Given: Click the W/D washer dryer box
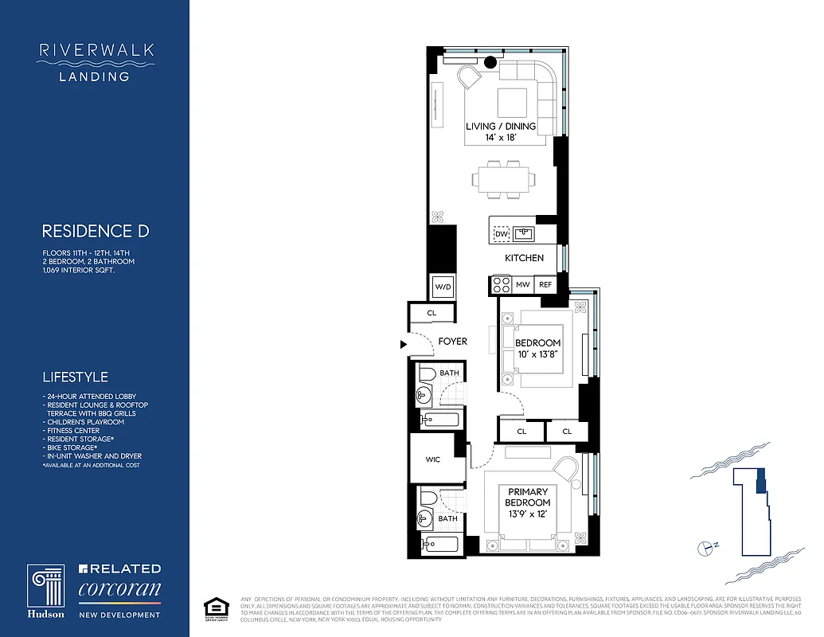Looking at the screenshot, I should pyautogui.click(x=442, y=287).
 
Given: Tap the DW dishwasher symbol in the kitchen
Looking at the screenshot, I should pyautogui.click(x=502, y=234).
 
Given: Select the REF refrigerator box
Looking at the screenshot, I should pyautogui.click(x=545, y=284).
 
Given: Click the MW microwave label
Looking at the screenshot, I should pyautogui.click(x=523, y=284).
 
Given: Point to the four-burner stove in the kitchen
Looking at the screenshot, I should pyautogui.click(x=502, y=284).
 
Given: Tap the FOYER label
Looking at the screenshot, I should pyautogui.click(x=453, y=342).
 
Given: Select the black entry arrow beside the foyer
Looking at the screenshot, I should pyautogui.click(x=404, y=344).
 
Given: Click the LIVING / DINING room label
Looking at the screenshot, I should pyautogui.click(x=501, y=127).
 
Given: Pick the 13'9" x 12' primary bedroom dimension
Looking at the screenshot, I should pyautogui.click(x=529, y=514).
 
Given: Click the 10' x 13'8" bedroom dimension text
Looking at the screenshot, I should pyautogui.click(x=537, y=354).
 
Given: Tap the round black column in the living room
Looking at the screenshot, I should pyautogui.click(x=490, y=61).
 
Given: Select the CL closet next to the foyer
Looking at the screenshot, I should pyautogui.click(x=432, y=314).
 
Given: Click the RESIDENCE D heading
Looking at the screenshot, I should pyautogui.click(x=95, y=232).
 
